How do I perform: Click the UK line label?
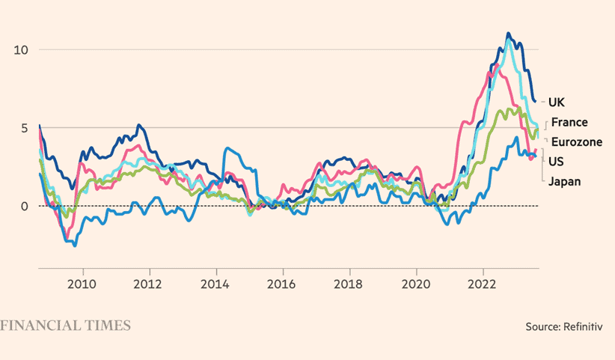tap(557, 102)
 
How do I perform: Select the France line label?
tap(569, 122)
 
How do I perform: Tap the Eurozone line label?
tap(576, 141)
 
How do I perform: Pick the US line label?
tap(557, 161)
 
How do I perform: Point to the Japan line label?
tap(565, 180)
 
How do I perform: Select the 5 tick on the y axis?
tap(25, 128)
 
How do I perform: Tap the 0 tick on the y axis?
tap(25, 206)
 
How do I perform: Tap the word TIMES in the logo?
tap(110, 326)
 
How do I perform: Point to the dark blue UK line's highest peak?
tap(509, 34)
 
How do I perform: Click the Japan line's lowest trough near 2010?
tap(74, 245)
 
